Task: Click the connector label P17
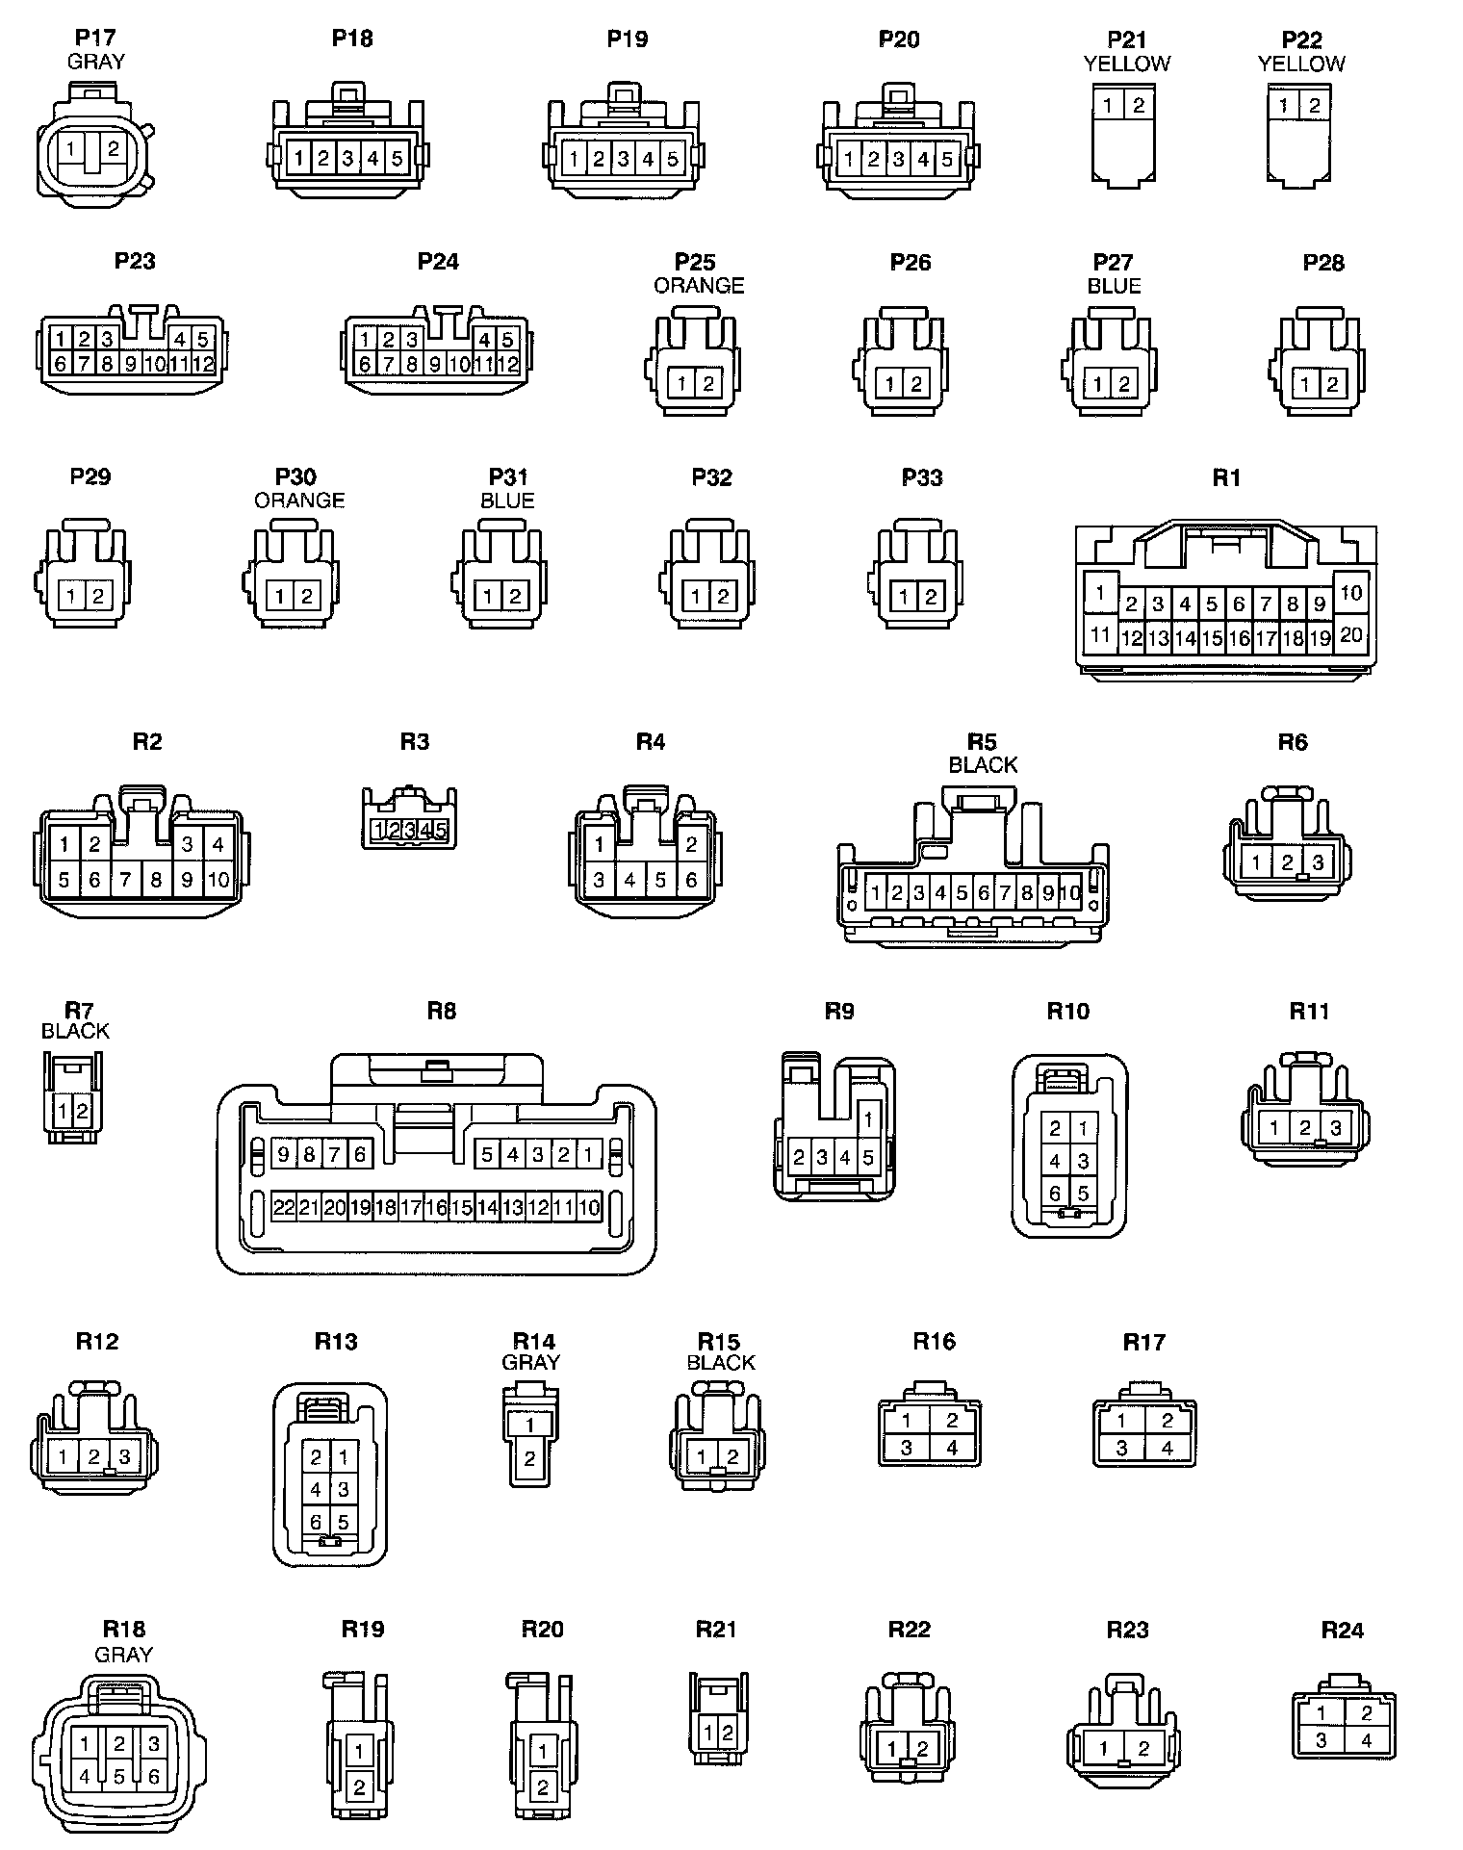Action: [x=95, y=38]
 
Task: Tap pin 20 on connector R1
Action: [x=1350, y=633]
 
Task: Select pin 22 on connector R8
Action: [x=283, y=1207]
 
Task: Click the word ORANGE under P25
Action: [x=699, y=286]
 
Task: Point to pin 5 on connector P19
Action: [x=672, y=159]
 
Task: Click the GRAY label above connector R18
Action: [x=123, y=1654]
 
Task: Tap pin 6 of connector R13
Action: [x=316, y=1522]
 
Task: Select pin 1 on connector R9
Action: [x=867, y=1119]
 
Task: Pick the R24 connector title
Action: [x=1342, y=1630]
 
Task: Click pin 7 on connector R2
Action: [x=125, y=879]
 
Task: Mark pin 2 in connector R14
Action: [x=529, y=1459]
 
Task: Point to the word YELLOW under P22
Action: [x=1301, y=64]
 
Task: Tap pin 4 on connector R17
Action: [x=1167, y=1447]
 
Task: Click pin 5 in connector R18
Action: [x=118, y=1777]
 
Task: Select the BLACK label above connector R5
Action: [x=983, y=765]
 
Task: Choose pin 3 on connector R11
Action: [x=1335, y=1127]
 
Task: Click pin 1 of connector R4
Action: [x=599, y=845]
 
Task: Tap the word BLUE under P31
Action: [x=507, y=501]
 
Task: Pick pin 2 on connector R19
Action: [x=359, y=1787]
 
